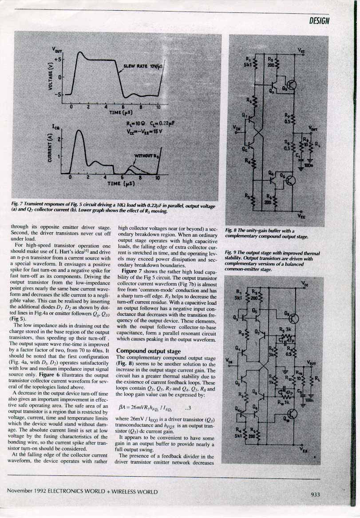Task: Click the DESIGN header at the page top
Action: tap(319, 21)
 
